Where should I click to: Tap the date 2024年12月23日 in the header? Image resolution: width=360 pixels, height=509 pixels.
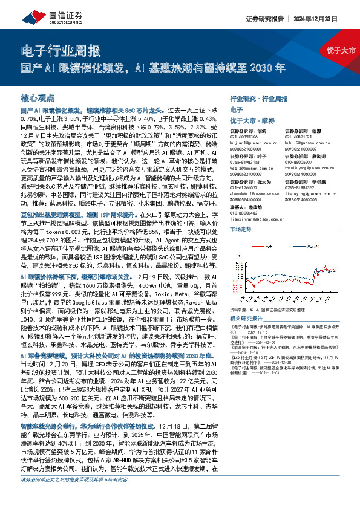(330, 18)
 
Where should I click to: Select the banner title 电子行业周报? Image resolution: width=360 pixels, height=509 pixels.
(59, 50)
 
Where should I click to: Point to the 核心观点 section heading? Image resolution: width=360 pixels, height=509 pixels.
(38, 97)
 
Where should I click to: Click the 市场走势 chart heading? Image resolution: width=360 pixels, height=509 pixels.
(241, 230)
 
